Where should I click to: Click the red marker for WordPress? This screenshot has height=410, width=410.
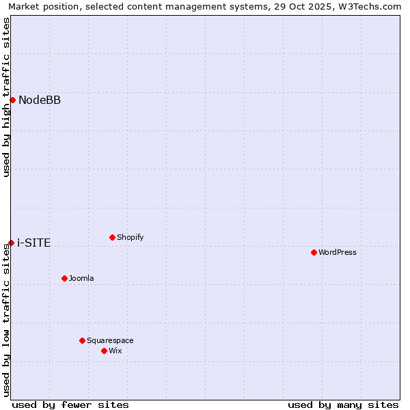pyautogui.click(x=314, y=252)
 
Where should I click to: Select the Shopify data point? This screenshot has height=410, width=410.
pyautogui.click(x=112, y=237)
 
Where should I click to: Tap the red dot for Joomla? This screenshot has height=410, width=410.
pyautogui.click(x=64, y=278)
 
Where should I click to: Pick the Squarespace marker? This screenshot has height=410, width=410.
pyautogui.click(x=82, y=340)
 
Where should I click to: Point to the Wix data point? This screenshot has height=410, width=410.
pyautogui.click(x=104, y=351)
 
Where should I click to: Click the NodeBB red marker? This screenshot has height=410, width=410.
pyautogui.click(x=12, y=100)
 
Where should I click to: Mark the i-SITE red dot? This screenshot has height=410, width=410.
pyautogui.click(x=11, y=243)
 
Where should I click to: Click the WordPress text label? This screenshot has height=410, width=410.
pyautogui.click(x=338, y=252)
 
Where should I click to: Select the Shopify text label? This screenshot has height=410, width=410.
pyautogui.click(x=130, y=237)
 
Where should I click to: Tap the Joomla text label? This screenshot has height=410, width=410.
pyautogui.click(x=81, y=278)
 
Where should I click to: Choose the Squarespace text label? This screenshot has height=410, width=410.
pyautogui.click(x=110, y=340)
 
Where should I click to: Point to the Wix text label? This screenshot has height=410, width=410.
pyautogui.click(x=115, y=351)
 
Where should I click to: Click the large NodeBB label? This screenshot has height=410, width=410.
pyautogui.click(x=40, y=100)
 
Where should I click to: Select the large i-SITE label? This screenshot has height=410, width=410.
pyautogui.click(x=34, y=243)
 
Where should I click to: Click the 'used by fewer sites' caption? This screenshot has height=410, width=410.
pyautogui.click(x=70, y=405)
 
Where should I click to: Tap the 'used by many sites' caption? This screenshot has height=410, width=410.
pyautogui.click(x=343, y=405)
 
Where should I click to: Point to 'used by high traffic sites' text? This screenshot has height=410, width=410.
pyautogui.click(x=6, y=97)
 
